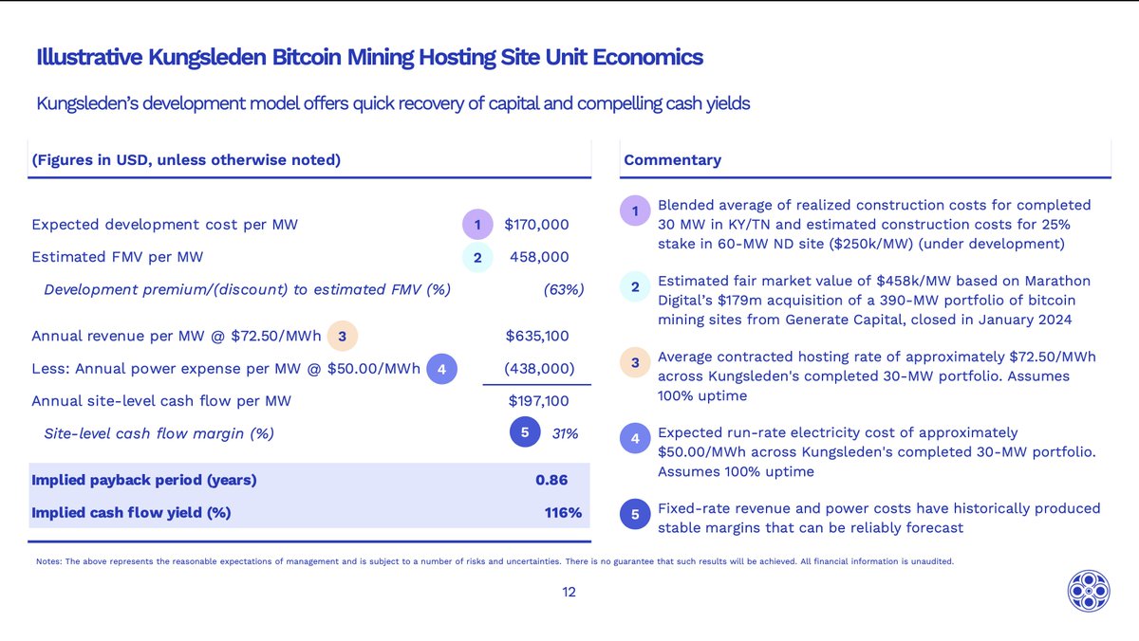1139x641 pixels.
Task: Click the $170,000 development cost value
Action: pos(536,225)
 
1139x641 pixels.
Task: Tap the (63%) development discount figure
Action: pos(563,289)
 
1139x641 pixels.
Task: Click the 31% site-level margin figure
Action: pos(565,433)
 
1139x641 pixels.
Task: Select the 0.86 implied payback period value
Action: pos(551,480)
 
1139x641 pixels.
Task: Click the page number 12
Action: pos(569,592)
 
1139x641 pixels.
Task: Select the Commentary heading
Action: pos(672,159)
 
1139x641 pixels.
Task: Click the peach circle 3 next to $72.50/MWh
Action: pos(344,337)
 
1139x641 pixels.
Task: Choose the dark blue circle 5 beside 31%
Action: pos(526,433)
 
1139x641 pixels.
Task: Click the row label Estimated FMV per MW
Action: pos(118,256)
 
